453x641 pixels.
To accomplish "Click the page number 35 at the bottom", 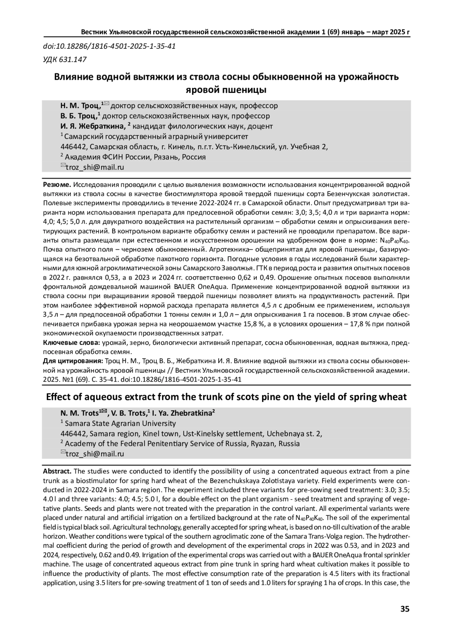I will pyautogui.click(x=404, y=609).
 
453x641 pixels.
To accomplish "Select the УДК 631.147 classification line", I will pyautogui.click(x=65, y=59).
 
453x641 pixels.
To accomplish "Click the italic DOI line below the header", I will pyautogui.click(x=109, y=46).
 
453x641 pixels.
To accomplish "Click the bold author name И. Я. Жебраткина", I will pyautogui.click(x=93, y=126).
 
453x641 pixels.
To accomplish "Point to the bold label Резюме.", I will pyautogui.click(x=57, y=185).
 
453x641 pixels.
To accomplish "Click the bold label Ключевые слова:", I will pyautogui.click(x=71, y=343).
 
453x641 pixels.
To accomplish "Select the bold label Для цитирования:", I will pyautogui.click(x=73, y=361).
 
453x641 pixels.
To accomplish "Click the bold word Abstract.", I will pyautogui.click(x=57, y=471).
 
